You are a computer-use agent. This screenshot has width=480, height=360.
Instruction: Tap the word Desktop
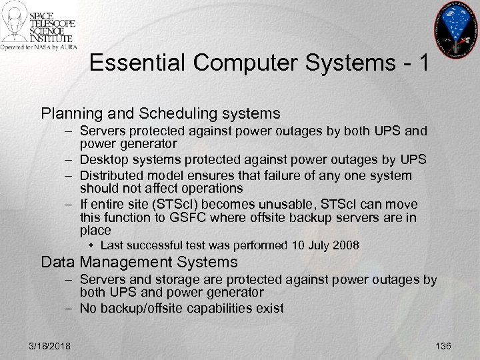pos(101,161)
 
